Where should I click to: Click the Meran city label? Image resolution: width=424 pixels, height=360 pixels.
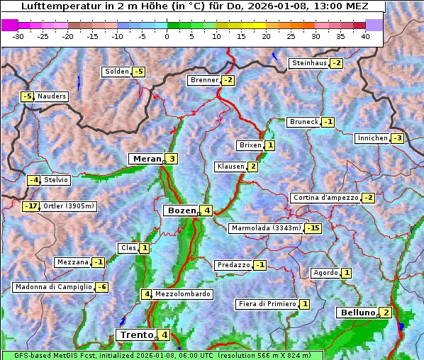click(x=146, y=159)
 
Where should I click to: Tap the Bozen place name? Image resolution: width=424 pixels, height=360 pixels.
click(x=180, y=210)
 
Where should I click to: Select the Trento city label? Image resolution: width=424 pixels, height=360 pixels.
click(x=136, y=334)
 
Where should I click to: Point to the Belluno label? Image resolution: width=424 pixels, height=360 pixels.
click(x=357, y=313)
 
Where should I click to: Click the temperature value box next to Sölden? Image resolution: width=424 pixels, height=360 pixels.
click(x=138, y=72)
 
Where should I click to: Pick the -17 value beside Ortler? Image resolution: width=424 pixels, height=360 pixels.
click(x=30, y=206)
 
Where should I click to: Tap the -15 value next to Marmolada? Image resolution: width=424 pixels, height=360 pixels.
click(x=313, y=228)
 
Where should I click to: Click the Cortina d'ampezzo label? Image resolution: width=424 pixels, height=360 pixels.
click(x=325, y=198)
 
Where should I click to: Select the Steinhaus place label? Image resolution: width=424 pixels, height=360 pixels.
click(x=309, y=63)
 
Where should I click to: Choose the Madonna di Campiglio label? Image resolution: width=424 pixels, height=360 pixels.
click(x=53, y=287)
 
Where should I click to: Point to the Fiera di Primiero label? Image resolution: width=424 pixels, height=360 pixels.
click(x=267, y=304)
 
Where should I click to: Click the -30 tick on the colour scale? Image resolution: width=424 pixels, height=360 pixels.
click(x=18, y=36)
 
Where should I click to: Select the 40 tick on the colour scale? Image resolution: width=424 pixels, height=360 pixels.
click(x=365, y=36)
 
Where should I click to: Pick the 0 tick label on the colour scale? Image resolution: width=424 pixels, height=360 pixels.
click(x=167, y=36)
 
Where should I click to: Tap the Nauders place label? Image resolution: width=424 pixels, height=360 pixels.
click(x=51, y=96)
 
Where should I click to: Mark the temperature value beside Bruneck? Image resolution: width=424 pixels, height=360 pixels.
click(x=328, y=122)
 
